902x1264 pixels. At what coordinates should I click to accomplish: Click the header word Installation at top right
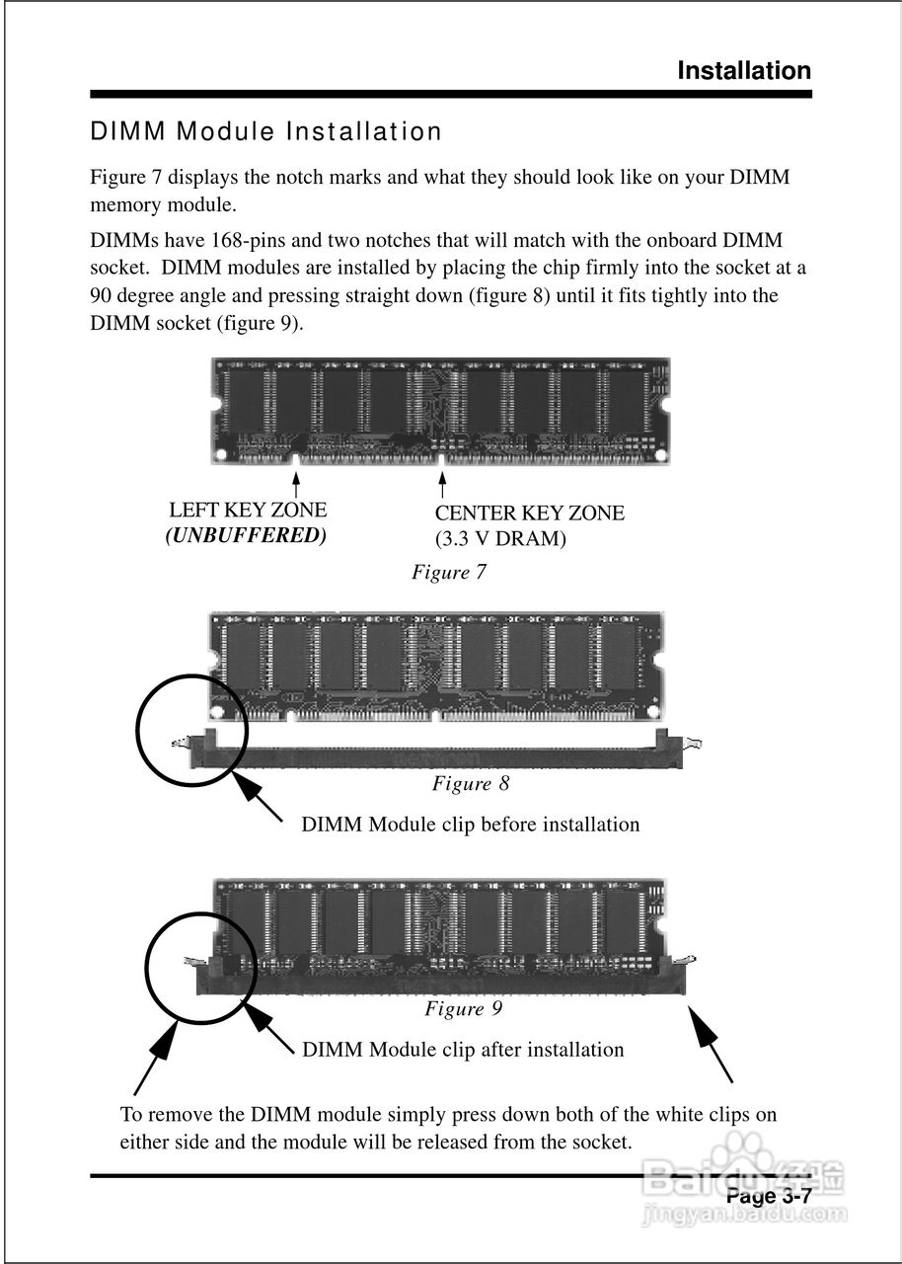(x=744, y=71)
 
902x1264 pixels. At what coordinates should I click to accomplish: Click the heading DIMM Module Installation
(x=266, y=131)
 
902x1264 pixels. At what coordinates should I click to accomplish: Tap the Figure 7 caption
(x=449, y=573)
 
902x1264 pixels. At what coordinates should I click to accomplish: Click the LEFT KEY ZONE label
(x=248, y=511)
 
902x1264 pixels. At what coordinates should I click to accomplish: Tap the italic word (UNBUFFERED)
(x=246, y=536)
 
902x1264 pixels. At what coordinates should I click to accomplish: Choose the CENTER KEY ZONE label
(x=529, y=513)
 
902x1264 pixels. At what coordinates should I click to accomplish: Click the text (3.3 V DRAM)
(x=500, y=540)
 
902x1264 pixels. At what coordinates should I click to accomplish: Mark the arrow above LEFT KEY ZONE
(x=296, y=484)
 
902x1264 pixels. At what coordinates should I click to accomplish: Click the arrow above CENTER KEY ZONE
(x=442, y=486)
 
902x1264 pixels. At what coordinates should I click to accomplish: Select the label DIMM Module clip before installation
(x=471, y=825)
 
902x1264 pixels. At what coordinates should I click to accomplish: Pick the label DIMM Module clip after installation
(x=463, y=1050)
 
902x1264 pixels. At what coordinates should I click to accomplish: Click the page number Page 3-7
(x=769, y=1197)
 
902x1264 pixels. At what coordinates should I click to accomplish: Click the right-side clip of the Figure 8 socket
(x=681, y=742)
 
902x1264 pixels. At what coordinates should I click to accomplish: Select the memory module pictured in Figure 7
(x=440, y=410)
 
